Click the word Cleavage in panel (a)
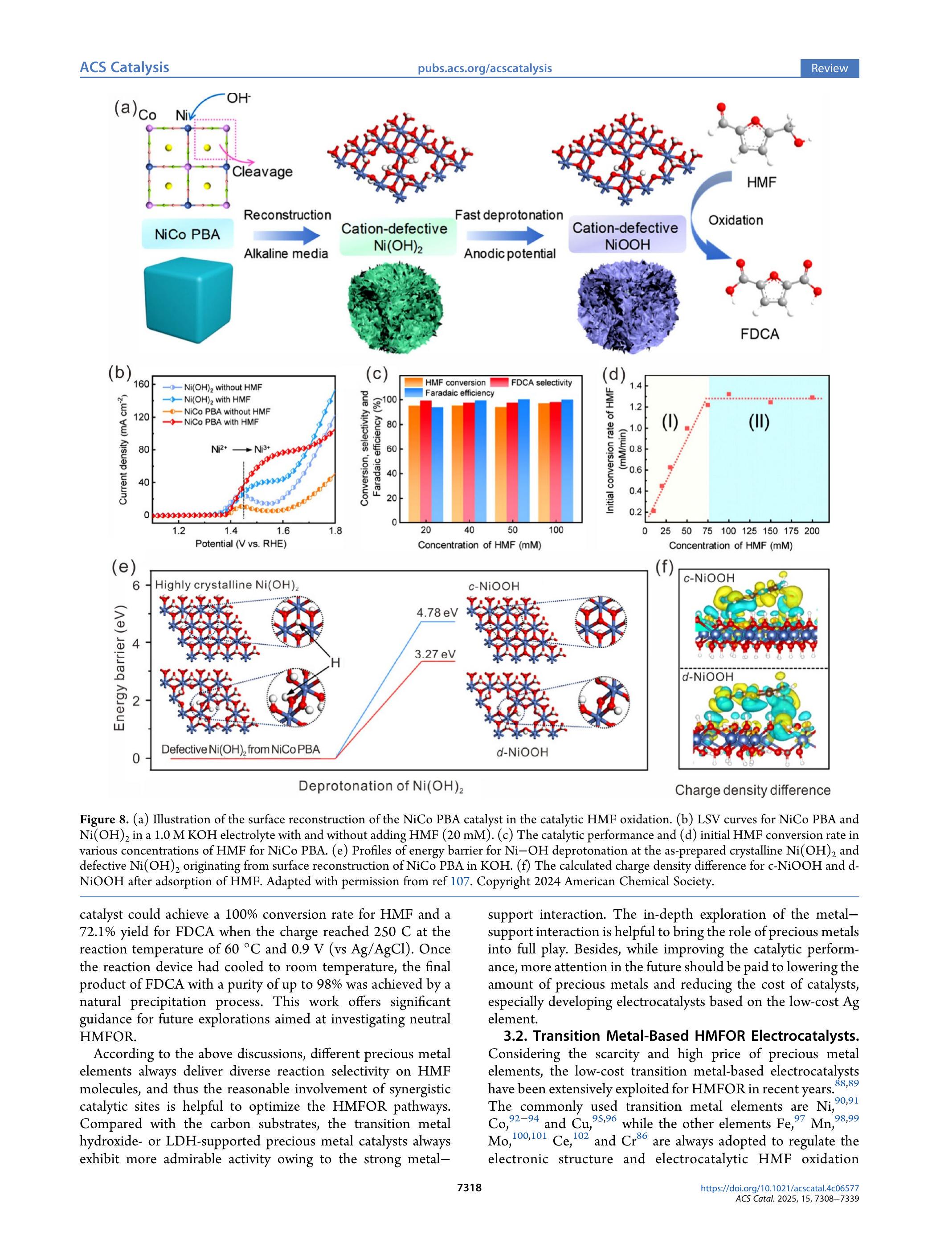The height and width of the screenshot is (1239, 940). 262,172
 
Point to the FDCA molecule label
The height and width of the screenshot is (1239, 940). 760,335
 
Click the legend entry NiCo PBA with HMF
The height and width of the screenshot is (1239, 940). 221,422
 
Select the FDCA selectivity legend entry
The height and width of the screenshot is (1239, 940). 541,383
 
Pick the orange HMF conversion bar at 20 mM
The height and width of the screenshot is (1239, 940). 414,464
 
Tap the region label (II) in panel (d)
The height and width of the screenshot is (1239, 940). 759,422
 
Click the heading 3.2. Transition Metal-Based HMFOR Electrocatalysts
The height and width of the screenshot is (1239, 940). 681,1036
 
